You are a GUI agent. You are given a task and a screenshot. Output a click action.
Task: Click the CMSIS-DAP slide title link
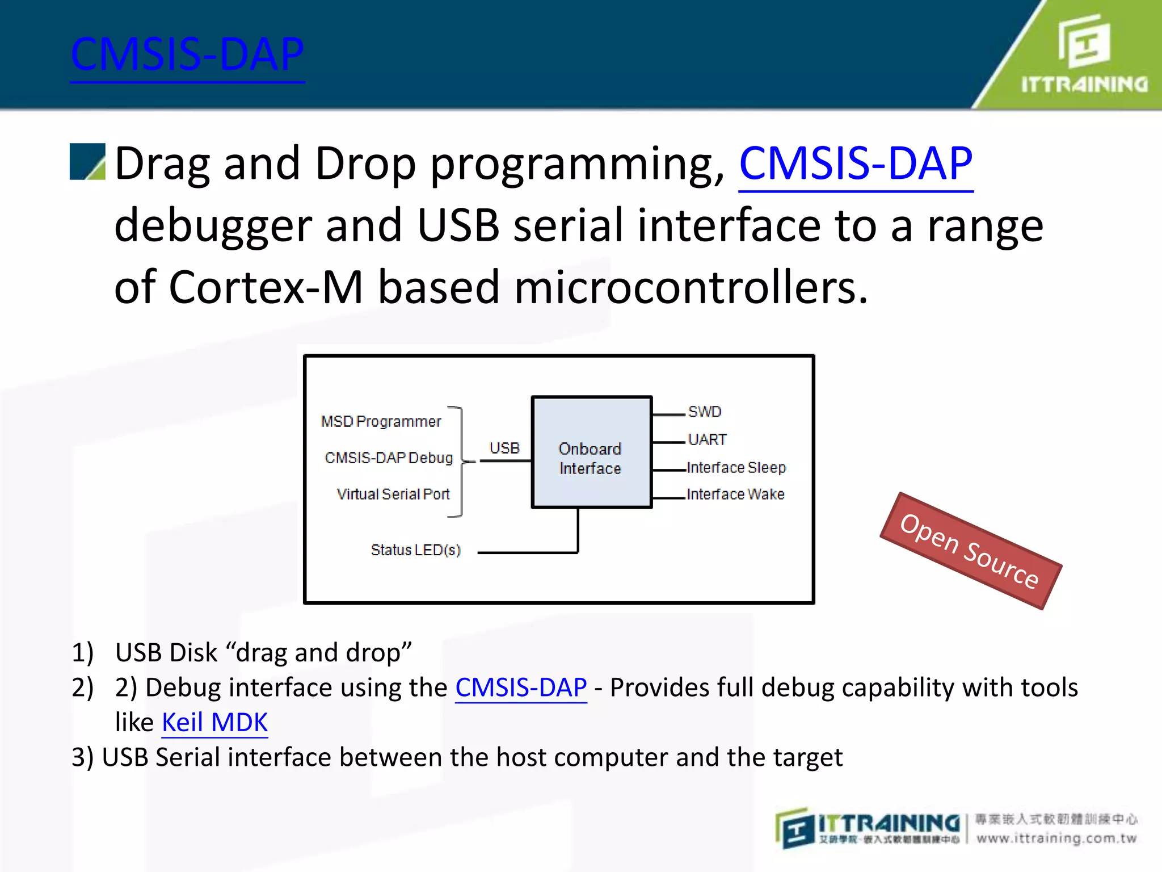[187, 55]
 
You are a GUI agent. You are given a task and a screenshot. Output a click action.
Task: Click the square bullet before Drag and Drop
[87, 162]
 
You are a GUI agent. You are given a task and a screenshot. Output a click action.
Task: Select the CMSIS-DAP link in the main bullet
[856, 164]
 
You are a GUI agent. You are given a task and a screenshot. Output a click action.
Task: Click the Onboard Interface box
[591, 452]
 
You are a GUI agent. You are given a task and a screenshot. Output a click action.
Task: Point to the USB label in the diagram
[504, 448]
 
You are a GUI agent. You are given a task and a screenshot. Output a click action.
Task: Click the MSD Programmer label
[381, 422]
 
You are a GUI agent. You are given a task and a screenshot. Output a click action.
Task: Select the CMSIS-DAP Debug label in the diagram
[389, 458]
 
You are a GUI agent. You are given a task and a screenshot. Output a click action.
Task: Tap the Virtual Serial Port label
[393, 494]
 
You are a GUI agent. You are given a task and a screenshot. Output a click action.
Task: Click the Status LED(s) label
[415, 550]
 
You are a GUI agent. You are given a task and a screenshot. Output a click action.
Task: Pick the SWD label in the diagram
[704, 412]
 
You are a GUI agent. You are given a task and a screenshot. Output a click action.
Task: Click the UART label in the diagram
[707, 440]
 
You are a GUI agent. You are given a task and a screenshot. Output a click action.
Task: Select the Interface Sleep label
[736, 468]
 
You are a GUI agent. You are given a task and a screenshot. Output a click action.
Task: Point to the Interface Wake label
[735, 494]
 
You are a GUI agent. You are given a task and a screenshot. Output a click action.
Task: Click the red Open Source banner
[970, 551]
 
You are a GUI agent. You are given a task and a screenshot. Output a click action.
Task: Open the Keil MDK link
[214, 723]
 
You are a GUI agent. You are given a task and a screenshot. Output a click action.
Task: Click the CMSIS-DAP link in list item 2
[521, 688]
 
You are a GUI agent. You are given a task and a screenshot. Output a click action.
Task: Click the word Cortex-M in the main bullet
[266, 288]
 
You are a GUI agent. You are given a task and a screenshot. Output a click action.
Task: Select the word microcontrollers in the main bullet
[691, 288]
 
